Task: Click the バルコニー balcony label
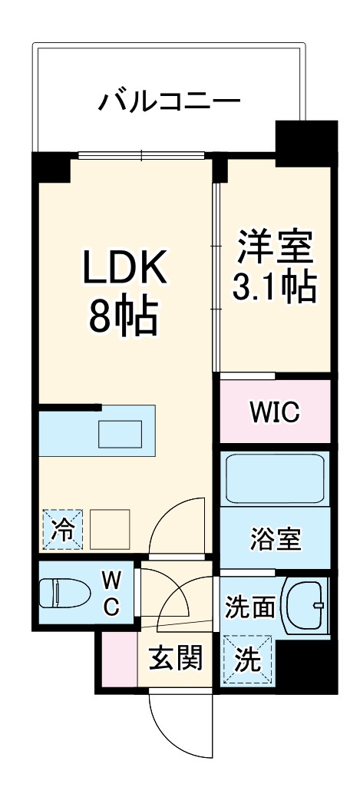click(170, 101)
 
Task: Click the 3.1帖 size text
click(274, 286)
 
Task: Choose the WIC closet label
click(274, 413)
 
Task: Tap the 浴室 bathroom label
click(274, 537)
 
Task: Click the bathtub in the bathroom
click(274, 478)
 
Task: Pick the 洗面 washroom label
click(249, 607)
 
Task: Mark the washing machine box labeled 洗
click(247, 657)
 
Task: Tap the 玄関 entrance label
click(176, 658)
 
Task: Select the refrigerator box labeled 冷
click(59, 529)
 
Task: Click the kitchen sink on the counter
click(121, 434)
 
